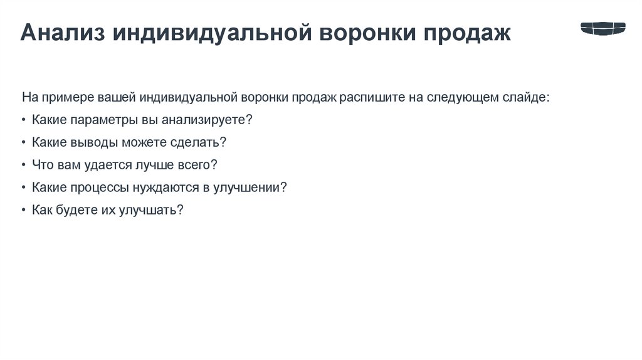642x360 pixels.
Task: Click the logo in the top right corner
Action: (603, 28)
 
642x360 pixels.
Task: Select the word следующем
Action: (463, 97)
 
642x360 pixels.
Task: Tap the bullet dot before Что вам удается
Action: (23, 165)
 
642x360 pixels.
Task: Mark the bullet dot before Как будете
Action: (23, 210)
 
